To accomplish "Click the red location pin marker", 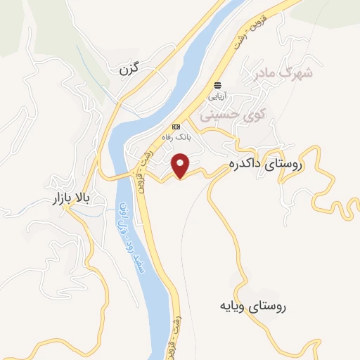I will (x=182, y=166).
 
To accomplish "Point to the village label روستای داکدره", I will (x=264, y=165).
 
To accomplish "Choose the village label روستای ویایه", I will (x=253, y=306).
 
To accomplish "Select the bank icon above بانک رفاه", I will (x=176, y=127).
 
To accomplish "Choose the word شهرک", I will (x=297, y=71).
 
